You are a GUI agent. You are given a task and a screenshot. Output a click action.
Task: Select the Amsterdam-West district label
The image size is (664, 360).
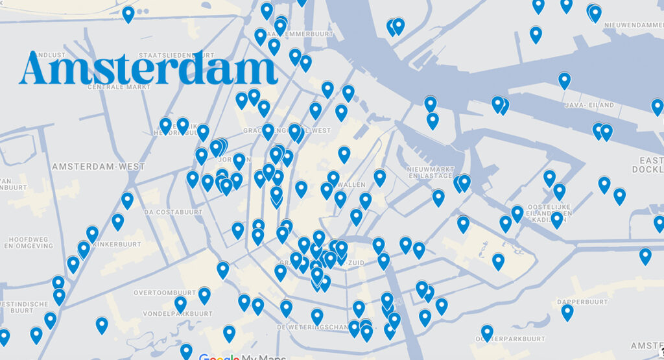tap(99, 167)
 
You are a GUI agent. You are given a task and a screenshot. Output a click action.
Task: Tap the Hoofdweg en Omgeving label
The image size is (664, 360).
tap(28, 242)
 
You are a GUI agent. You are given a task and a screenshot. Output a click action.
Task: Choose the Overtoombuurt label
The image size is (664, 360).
tap(163, 293)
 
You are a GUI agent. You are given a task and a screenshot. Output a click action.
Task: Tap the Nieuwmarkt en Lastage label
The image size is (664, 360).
tap(430, 173)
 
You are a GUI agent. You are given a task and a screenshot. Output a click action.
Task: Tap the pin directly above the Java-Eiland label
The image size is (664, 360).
tap(565, 80)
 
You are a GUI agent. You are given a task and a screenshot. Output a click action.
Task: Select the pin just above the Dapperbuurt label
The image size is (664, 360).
tap(567, 312)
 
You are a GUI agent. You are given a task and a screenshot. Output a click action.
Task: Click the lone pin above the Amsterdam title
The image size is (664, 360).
tap(128, 14)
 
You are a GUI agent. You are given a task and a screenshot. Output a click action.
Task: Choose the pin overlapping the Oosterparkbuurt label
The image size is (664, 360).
tap(487, 333)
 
